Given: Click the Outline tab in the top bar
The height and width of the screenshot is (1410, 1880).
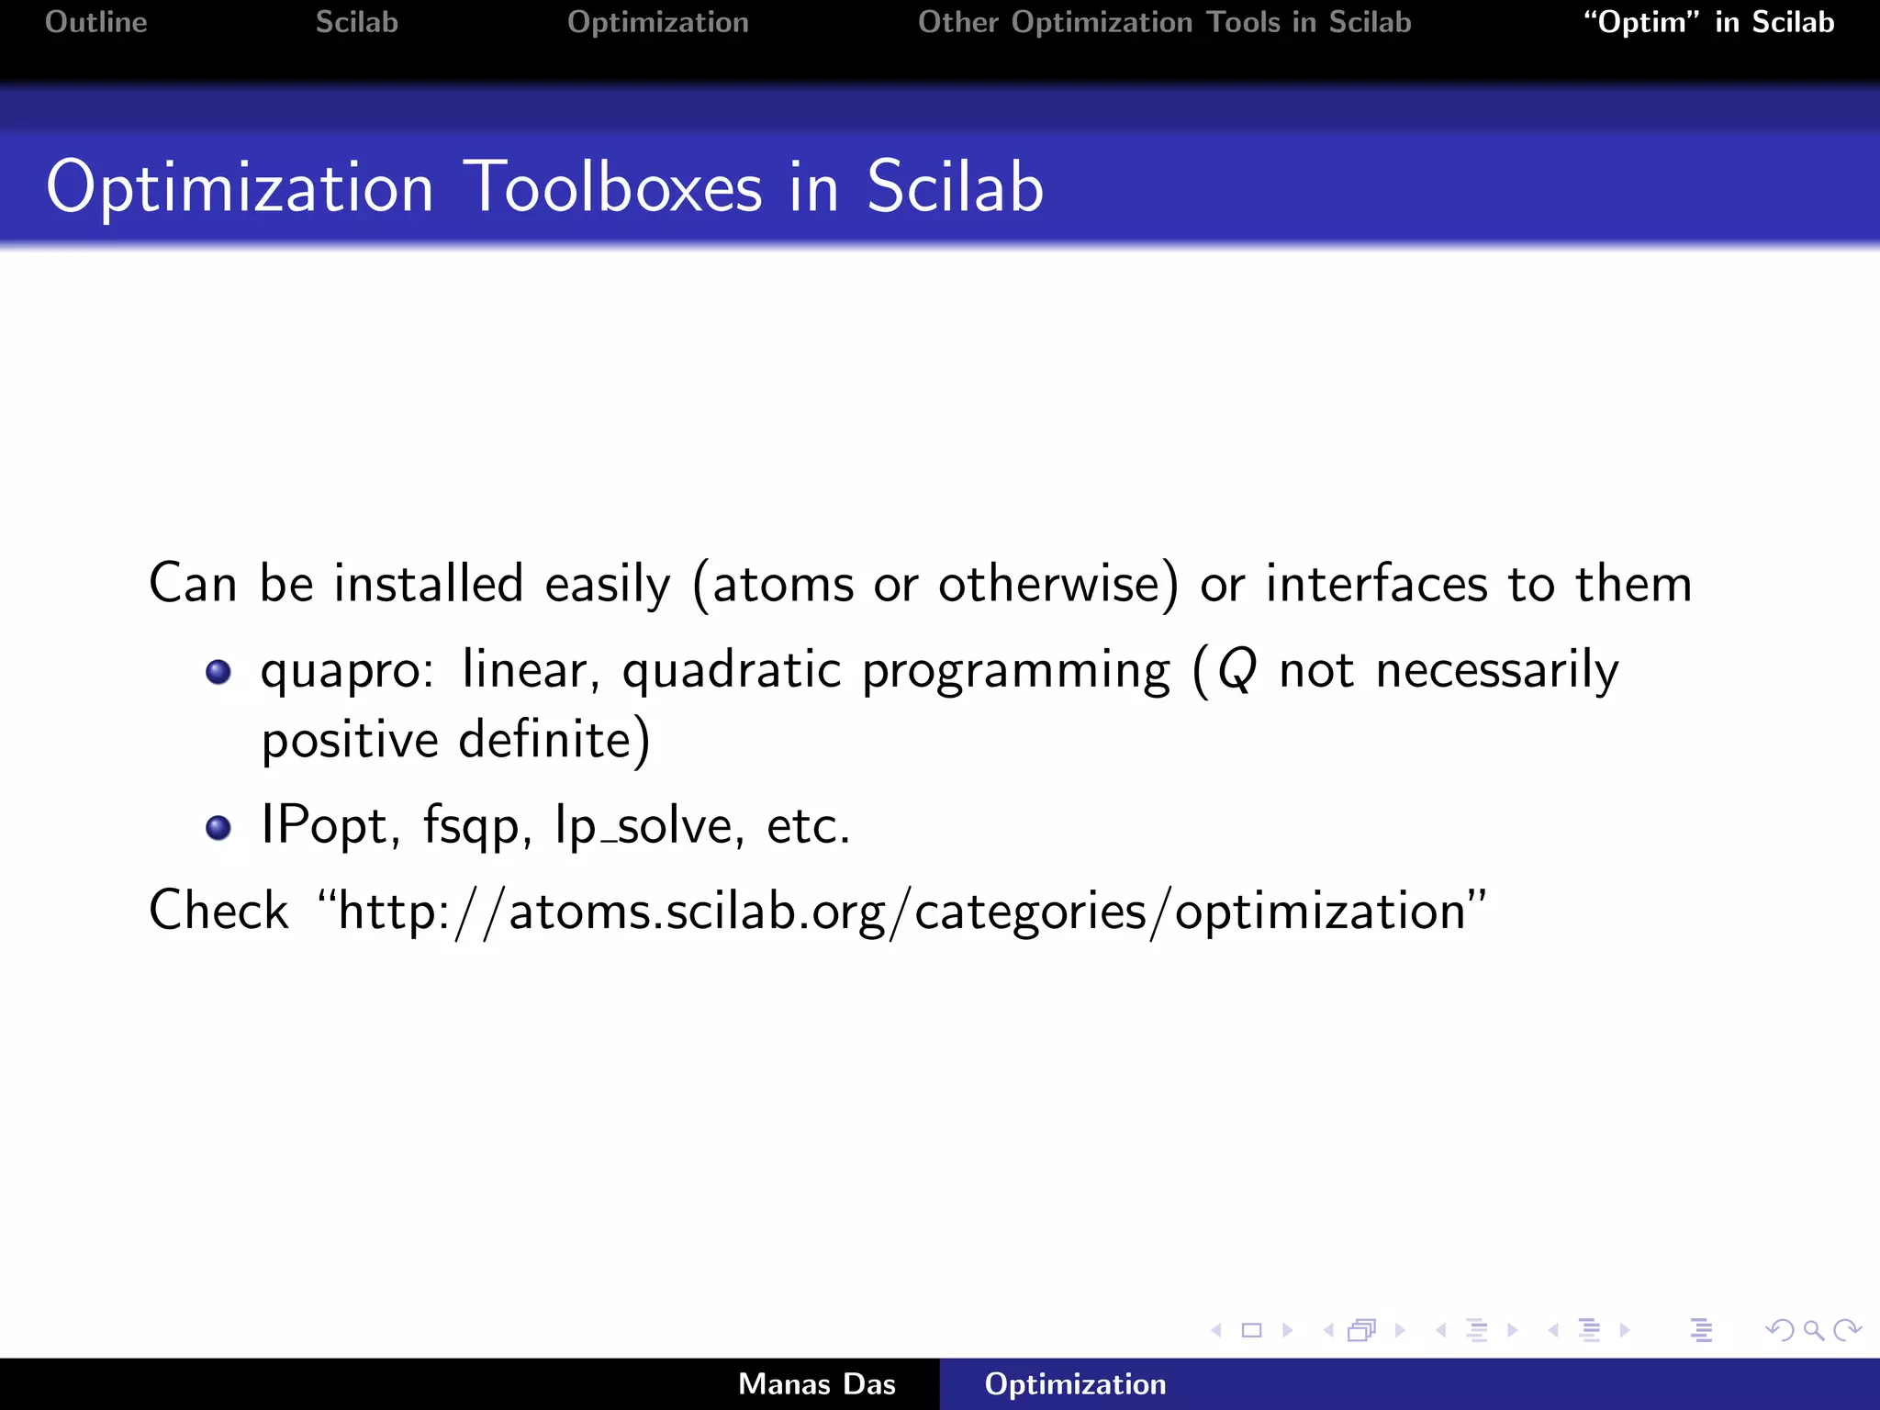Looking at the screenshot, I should (95, 22).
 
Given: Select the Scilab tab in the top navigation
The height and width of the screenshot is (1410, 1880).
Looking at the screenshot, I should (356, 22).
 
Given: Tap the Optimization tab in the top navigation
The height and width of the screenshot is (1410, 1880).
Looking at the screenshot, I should (657, 22).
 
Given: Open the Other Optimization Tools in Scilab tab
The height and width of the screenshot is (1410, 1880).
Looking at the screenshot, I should (1164, 22).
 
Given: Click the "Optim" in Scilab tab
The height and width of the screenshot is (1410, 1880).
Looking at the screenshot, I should (1708, 22).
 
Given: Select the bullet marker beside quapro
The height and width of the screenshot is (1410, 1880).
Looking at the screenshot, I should (218, 672).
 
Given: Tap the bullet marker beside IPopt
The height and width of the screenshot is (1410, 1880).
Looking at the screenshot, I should (218, 828).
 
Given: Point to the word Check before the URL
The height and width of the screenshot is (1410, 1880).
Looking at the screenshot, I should (218, 911).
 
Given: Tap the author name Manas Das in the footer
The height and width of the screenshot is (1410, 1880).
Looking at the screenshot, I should (816, 1384).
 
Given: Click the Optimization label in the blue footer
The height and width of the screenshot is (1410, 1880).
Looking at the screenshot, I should (1075, 1384).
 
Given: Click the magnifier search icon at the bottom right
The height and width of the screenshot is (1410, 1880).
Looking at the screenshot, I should (1813, 1330).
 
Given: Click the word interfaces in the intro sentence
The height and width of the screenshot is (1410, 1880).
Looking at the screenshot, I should (1376, 584).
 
